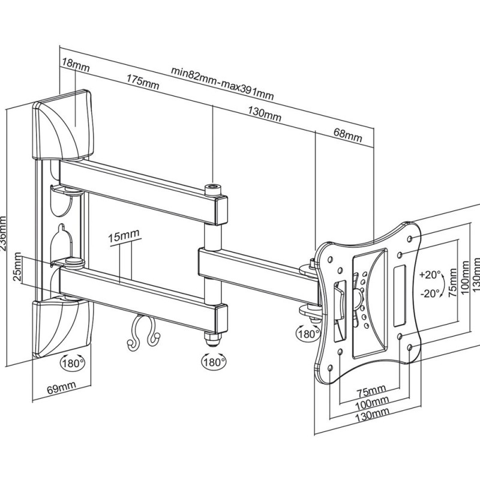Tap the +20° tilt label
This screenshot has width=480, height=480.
click(431, 274)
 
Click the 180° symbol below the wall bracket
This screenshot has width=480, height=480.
click(72, 362)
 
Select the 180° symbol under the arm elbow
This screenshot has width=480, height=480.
click(213, 362)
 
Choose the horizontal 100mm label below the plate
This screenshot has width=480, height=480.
click(371, 402)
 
